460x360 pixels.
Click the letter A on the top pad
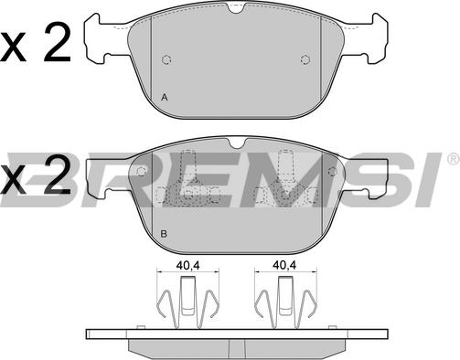click(165, 98)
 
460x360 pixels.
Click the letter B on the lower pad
click(164, 234)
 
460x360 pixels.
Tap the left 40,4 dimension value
click(187, 265)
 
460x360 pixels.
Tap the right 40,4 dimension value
click(284, 265)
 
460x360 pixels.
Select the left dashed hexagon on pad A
click(166, 59)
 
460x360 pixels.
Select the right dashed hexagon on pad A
click(305, 59)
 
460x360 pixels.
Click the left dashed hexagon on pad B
click(141, 172)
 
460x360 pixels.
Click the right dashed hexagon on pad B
click(332, 172)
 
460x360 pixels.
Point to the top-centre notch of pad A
click(237, 8)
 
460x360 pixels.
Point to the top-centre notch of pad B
click(237, 143)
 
